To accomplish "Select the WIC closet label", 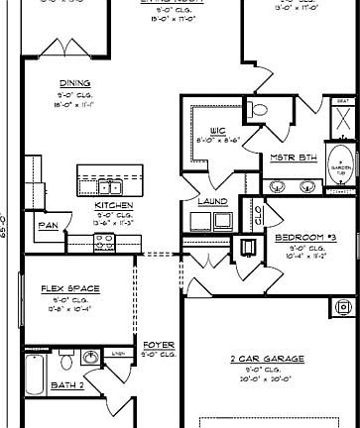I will pyautogui.click(x=220, y=130).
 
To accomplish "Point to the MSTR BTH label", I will pyautogui.click(x=293, y=158).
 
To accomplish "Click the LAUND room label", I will pyautogui.click(x=213, y=201).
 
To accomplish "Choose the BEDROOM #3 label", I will pyautogui.click(x=305, y=239).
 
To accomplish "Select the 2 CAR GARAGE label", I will pyautogui.click(x=267, y=359).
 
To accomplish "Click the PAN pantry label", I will pyautogui.click(x=48, y=226).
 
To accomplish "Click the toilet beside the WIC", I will pyautogui.click(x=259, y=110).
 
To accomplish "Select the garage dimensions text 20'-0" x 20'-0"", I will pyautogui.click(x=267, y=378).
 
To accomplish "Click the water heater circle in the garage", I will pyautogui.click(x=245, y=246).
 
